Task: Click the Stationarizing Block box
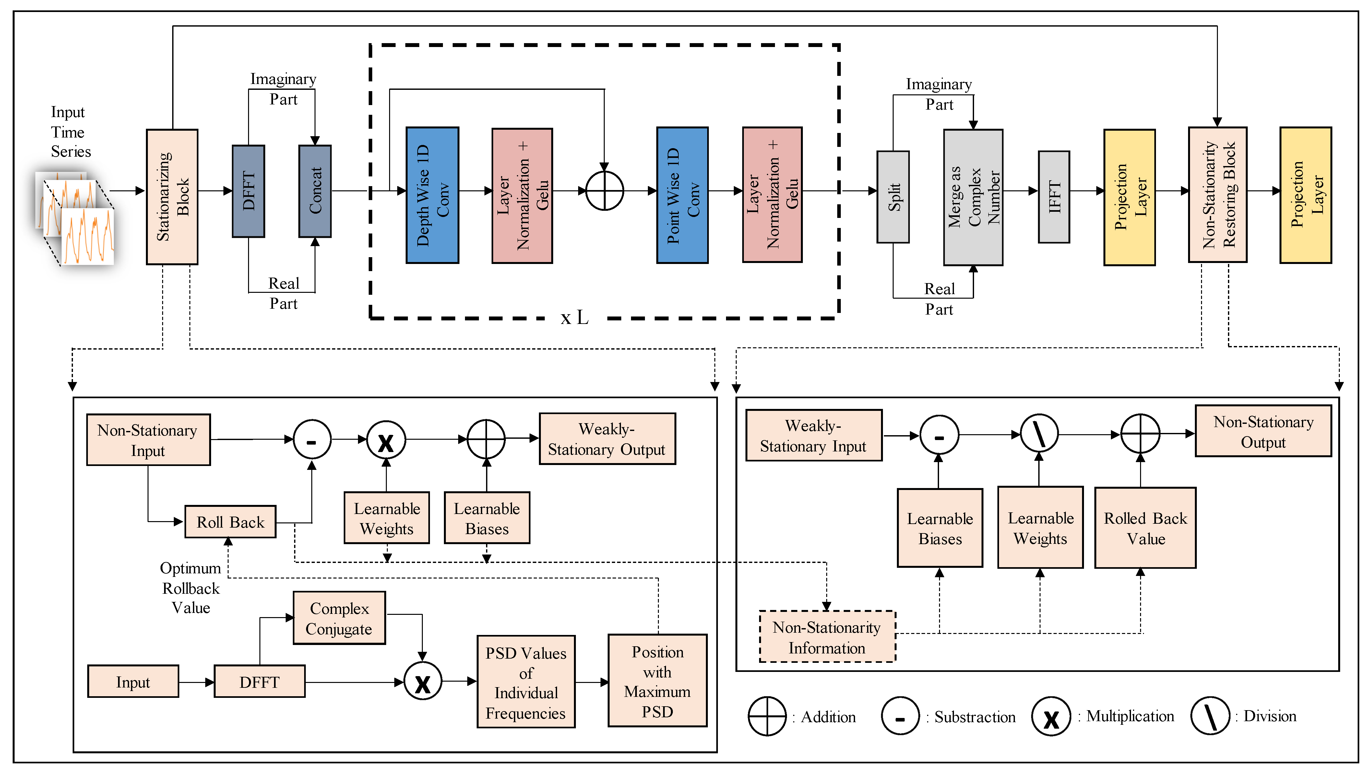pyautogui.click(x=172, y=197)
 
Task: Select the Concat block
pyautogui.click(x=315, y=191)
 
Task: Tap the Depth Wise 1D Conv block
pyautogui.click(x=432, y=195)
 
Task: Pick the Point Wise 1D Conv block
pyautogui.click(x=682, y=195)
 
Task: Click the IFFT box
pyautogui.click(x=1054, y=197)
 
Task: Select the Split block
pyautogui.click(x=893, y=197)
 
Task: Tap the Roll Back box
pyautogui.click(x=230, y=522)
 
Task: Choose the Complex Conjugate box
pyautogui.click(x=339, y=618)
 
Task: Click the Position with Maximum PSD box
pyautogui.click(x=658, y=681)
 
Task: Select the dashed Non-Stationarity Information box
pyautogui.click(x=827, y=637)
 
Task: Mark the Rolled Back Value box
pyautogui.click(x=1145, y=528)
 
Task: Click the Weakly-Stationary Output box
pyautogui.click(x=607, y=439)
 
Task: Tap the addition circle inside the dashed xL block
pyautogui.click(x=604, y=191)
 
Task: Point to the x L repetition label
pyautogui.click(x=575, y=318)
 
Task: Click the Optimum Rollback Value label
pyautogui.click(x=191, y=588)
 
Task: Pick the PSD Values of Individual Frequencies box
pyautogui.click(x=526, y=682)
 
